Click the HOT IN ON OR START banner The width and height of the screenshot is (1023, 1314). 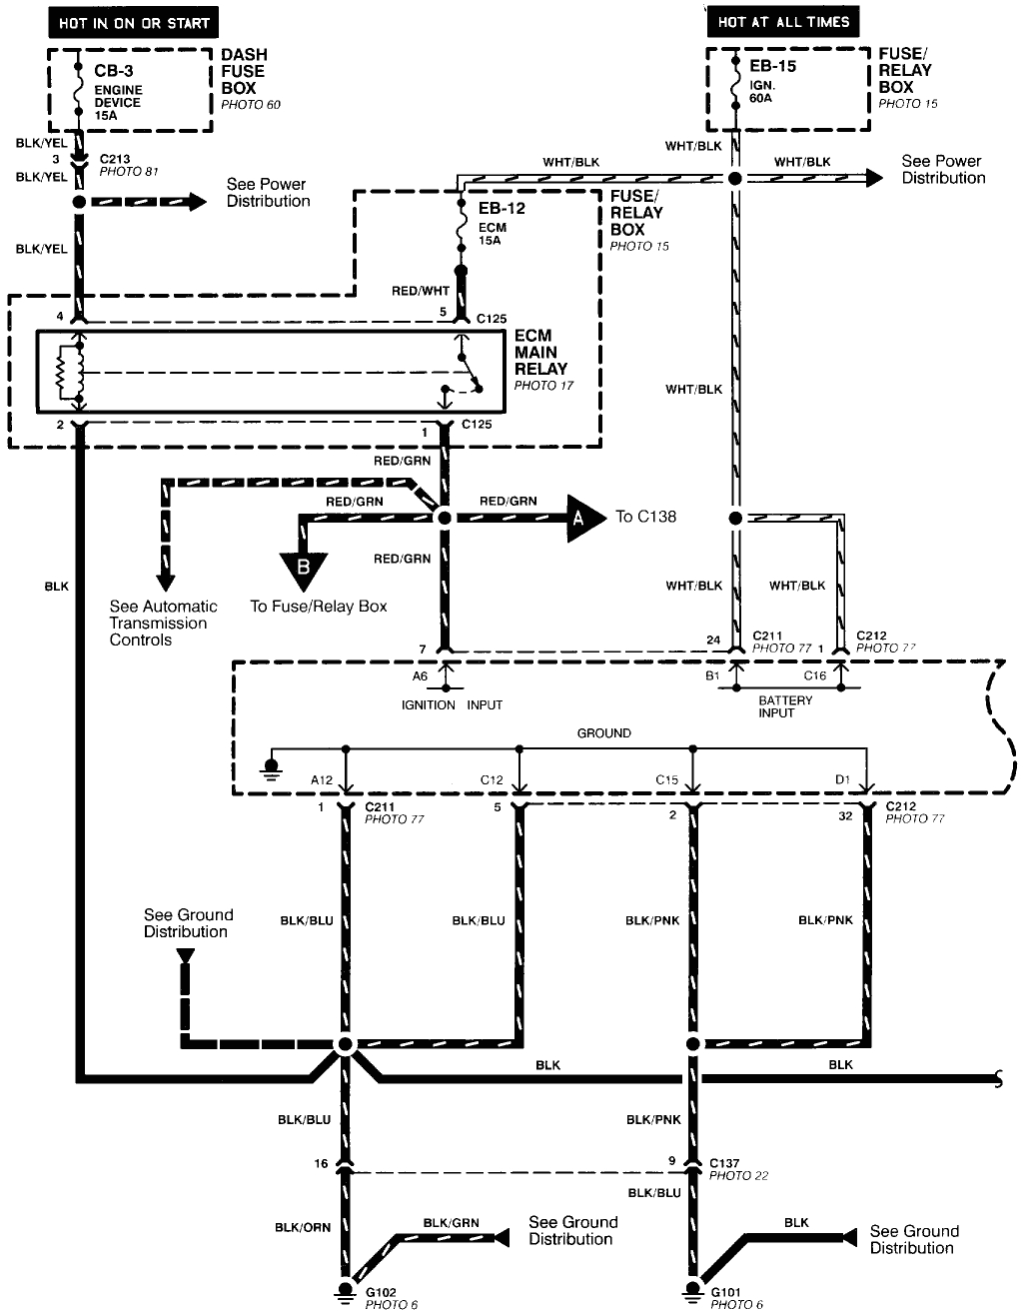coord(133,22)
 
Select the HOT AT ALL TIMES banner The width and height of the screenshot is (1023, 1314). coord(783,21)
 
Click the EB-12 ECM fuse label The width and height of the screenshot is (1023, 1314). coord(502,209)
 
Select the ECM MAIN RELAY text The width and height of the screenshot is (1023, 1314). coord(540,353)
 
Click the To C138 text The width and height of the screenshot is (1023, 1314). coord(645,517)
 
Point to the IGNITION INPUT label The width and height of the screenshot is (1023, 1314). coord(452,704)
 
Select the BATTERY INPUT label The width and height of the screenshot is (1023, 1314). coord(785,706)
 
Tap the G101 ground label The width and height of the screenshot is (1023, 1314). coord(726,1292)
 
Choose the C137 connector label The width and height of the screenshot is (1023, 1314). coord(724,1162)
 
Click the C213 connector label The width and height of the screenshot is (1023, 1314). coord(116,158)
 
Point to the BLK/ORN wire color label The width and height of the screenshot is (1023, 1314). coord(303,1226)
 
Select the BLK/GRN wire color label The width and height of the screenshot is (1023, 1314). coord(451,1222)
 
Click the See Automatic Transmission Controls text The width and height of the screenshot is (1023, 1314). coord(163,623)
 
